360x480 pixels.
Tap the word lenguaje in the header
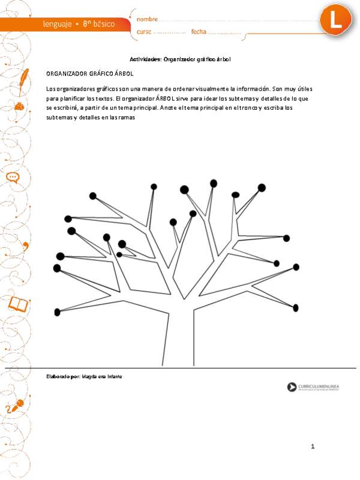58,24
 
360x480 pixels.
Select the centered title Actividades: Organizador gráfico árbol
180,59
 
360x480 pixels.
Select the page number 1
313,447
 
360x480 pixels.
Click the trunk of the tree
179,342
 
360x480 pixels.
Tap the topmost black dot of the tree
214,182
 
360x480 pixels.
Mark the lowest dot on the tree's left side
58,311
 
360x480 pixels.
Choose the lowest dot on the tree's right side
295,308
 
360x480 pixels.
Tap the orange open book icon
19,305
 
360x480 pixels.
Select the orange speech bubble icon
13,178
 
